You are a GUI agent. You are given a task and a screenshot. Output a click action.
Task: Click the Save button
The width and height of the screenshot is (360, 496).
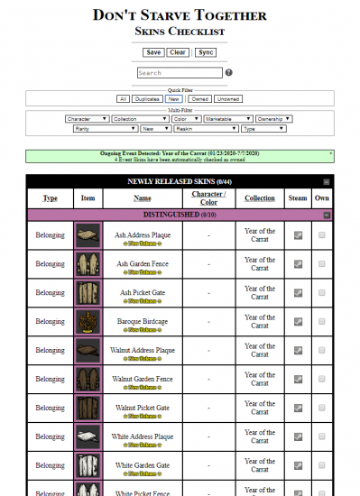(x=153, y=52)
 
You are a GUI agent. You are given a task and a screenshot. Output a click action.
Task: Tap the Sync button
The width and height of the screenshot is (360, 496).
(x=206, y=52)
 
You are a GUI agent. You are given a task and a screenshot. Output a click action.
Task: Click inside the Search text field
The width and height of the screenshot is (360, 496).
(x=180, y=73)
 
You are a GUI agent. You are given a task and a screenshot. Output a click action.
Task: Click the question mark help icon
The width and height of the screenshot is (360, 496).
(x=228, y=73)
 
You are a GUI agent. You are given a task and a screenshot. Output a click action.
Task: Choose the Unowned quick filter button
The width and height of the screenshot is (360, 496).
(x=228, y=99)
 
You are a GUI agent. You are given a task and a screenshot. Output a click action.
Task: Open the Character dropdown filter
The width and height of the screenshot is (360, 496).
(x=88, y=119)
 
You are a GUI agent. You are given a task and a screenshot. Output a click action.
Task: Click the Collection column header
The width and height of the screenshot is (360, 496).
(x=260, y=198)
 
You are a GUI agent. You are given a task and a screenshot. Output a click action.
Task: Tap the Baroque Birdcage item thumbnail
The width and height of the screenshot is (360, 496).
(x=88, y=322)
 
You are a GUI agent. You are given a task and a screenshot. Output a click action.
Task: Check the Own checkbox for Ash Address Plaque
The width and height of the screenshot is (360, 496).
(x=321, y=236)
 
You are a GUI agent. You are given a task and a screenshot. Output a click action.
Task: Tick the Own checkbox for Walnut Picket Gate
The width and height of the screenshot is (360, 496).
(x=321, y=409)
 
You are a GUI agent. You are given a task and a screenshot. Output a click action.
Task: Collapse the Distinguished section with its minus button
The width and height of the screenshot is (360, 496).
(x=327, y=215)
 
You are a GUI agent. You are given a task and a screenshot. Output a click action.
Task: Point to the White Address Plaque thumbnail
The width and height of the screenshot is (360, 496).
(x=88, y=437)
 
